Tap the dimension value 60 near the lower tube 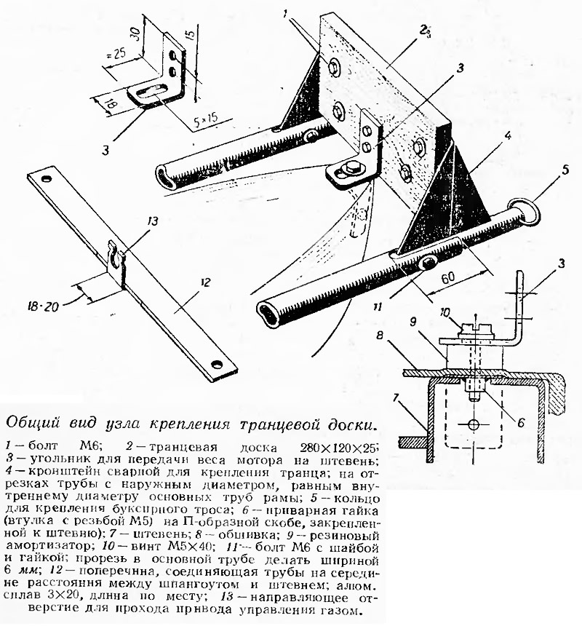(x=448, y=278)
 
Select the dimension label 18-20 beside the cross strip (x=44, y=306)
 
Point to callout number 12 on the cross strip (x=205, y=283)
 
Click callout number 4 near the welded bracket (x=507, y=136)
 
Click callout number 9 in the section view (x=413, y=320)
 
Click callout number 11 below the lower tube (x=378, y=307)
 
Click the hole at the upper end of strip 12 (x=47, y=178)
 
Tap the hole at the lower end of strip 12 (x=217, y=364)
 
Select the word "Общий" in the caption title (x=32, y=423)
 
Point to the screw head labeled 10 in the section (x=476, y=329)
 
